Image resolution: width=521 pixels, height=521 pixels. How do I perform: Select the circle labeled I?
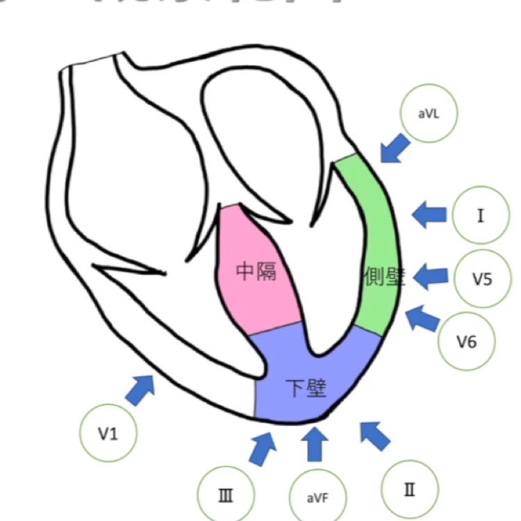(x=481, y=215)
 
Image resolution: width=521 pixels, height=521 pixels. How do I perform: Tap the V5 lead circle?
(x=482, y=279)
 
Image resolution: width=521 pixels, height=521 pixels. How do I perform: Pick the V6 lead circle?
(x=466, y=341)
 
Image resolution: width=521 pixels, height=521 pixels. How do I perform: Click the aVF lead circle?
(x=316, y=497)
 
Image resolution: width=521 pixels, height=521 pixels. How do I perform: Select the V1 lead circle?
(x=108, y=433)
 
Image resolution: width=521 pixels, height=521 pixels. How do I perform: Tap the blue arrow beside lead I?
(x=429, y=215)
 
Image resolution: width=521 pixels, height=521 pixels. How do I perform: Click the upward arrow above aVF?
(x=315, y=444)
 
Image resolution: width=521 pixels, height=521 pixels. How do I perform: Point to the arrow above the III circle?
(x=261, y=447)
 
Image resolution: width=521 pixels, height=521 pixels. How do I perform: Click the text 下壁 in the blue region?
(x=306, y=388)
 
